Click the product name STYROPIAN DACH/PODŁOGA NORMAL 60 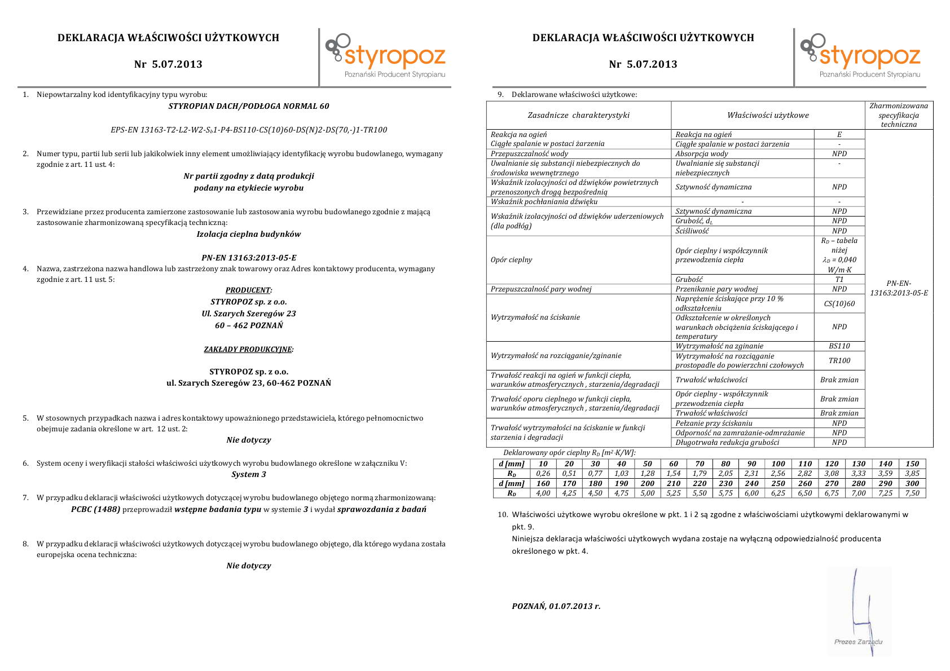249,106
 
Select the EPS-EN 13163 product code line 249,130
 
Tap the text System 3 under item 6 249,474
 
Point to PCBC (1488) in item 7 95,509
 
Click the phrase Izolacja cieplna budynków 249,234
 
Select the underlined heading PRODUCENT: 249,290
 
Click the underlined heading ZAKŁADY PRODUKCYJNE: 249,349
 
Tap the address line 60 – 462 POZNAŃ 249,325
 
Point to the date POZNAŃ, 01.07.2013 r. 556,606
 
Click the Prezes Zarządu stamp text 858,642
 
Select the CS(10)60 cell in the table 839,303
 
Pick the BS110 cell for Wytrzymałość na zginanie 839,346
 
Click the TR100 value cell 839,360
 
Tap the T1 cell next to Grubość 839,279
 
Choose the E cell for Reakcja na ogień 839,134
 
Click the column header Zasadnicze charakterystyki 578,115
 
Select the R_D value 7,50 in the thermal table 912,493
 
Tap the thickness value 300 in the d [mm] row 912,483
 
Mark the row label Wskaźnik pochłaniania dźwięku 544,201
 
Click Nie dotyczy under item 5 249,440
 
